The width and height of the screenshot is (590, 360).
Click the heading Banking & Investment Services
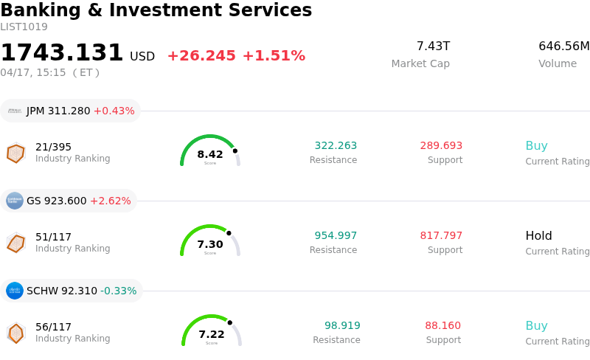(156, 10)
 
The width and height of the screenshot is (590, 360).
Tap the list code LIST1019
(24, 27)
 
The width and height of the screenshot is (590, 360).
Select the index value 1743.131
(62, 53)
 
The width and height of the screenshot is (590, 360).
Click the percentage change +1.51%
(273, 56)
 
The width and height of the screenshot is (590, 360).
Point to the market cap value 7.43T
(433, 46)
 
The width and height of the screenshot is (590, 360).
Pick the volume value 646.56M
(563, 46)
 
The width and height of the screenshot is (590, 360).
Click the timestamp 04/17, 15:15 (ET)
(49, 72)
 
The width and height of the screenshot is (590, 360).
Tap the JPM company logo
(15, 111)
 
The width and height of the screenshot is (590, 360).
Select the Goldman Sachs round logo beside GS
(15, 201)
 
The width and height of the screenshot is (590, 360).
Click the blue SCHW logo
(15, 291)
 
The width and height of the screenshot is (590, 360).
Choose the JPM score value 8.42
(210, 154)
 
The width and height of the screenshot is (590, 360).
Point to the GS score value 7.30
(210, 244)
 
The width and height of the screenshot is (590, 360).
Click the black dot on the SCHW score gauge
(230, 322)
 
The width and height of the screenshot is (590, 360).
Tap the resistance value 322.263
(336, 146)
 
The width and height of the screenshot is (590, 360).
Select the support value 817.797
(441, 236)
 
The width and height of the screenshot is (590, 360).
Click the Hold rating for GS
(538, 236)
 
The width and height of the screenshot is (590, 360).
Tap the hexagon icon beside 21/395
(15, 153)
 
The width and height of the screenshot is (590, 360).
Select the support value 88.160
(442, 326)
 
